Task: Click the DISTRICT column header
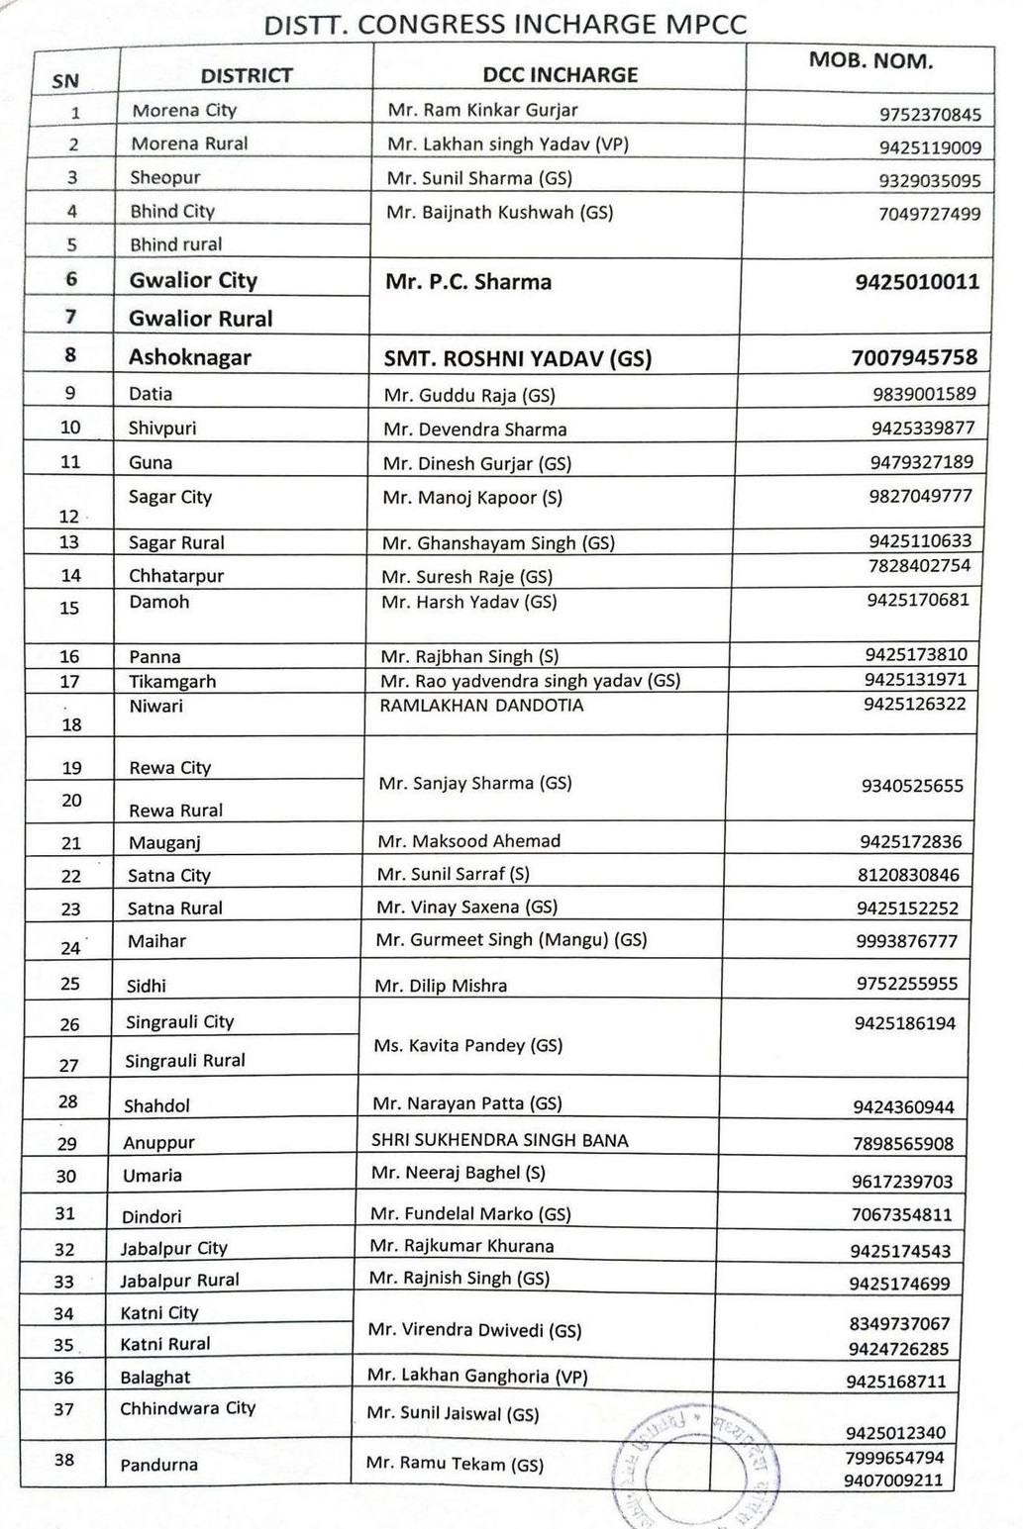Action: [247, 76]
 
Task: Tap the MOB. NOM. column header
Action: [870, 61]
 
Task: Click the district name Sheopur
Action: [164, 178]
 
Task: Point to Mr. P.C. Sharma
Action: [467, 283]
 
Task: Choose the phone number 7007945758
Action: [913, 357]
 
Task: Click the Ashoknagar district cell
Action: [189, 357]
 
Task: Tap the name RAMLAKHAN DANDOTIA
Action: [481, 706]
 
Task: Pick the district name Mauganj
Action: [164, 843]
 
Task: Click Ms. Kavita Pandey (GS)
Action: [467, 1046]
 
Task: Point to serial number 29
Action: [66, 1144]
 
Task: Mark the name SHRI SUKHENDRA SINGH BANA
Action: [499, 1140]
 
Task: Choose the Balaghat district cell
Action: [154, 1378]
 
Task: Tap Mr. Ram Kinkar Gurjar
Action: [482, 111]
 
